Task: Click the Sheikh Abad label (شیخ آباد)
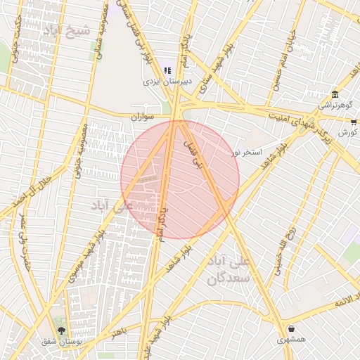(x=68, y=31)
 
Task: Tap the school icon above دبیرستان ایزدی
(x=167, y=70)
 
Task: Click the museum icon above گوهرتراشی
(x=335, y=95)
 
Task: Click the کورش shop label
(x=347, y=132)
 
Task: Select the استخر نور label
(x=247, y=151)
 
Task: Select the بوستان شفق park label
(x=59, y=341)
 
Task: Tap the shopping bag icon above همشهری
(x=291, y=328)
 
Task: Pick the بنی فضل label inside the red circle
(x=193, y=153)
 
